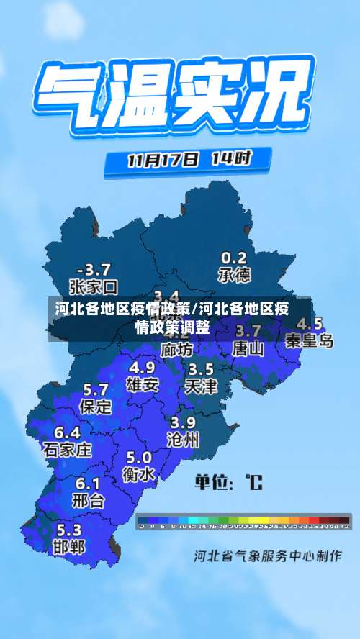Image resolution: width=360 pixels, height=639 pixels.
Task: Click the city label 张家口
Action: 93,288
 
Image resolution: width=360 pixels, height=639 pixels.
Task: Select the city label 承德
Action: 234,275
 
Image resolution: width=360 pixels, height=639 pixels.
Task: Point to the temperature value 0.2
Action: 233,258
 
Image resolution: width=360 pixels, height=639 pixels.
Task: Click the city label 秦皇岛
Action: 310,340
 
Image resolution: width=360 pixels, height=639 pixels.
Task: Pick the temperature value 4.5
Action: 310,323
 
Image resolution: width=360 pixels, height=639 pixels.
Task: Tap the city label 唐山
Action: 248,349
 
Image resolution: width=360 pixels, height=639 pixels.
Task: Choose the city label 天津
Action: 201,386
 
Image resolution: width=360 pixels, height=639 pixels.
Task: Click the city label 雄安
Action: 143,384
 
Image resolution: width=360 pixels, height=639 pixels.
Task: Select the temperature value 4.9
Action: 142,367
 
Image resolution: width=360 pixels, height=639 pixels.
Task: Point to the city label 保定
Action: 96,407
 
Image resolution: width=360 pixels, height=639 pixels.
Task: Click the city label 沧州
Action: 183,440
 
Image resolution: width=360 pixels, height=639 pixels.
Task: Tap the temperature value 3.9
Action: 183,422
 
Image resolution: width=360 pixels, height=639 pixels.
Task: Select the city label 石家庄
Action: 68,450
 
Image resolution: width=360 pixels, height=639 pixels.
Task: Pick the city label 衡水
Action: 138,474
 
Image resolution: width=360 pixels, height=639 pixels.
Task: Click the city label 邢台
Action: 89,500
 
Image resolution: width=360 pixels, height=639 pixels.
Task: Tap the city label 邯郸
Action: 68,547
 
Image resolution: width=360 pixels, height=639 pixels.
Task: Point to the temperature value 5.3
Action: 68,530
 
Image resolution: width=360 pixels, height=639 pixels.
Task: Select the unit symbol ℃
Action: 253,481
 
